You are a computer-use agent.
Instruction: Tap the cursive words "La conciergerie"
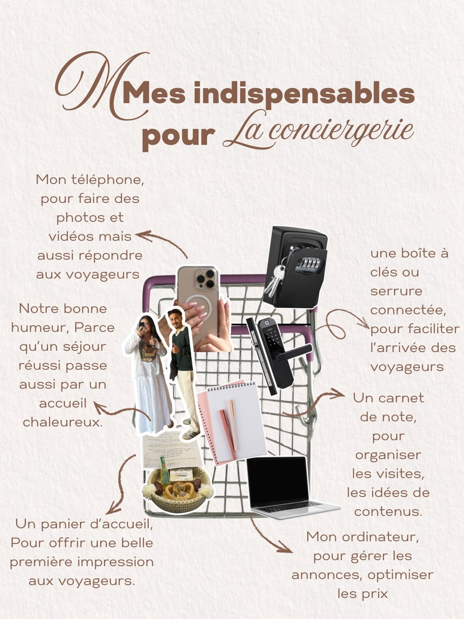[318, 130]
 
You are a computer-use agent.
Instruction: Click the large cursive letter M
[101, 85]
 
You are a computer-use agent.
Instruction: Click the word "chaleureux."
[63, 422]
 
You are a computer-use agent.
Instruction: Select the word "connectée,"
[408, 310]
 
